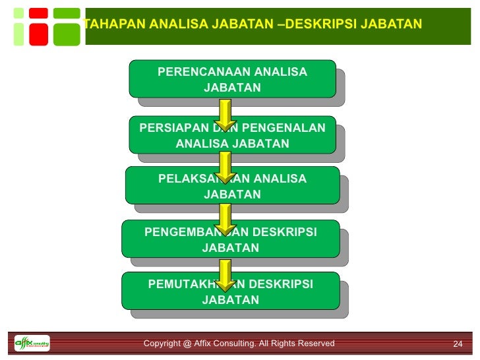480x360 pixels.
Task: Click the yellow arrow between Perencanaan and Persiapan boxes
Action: (x=225, y=115)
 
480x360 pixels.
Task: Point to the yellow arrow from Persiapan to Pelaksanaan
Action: (x=225, y=167)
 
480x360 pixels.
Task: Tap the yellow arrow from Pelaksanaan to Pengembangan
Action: (x=225, y=220)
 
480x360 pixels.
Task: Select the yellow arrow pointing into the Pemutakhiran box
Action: (x=225, y=275)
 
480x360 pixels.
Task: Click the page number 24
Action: (x=458, y=344)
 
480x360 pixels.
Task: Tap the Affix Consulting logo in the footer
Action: (x=32, y=344)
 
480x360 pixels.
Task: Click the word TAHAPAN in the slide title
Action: (x=116, y=25)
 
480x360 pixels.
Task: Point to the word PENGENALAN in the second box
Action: (x=290, y=128)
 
